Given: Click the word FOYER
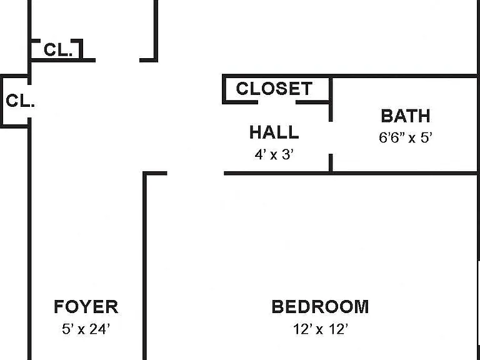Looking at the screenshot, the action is click(86, 307).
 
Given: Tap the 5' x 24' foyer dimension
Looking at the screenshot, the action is click(86, 329).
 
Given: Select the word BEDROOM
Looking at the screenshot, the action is click(320, 307).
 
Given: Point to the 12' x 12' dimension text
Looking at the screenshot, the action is click(321, 329).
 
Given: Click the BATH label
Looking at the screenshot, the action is click(406, 116).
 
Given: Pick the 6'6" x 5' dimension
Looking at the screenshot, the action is click(406, 137).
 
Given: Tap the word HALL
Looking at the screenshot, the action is click(274, 132).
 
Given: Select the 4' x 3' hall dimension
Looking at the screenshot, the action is click(274, 154).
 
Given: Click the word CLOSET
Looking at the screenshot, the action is click(274, 89).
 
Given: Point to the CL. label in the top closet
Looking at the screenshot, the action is click(59, 49).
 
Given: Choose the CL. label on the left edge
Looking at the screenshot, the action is click(20, 101).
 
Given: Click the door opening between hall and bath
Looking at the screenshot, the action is click(331, 137).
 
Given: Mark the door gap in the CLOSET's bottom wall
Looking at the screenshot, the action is click(277, 102).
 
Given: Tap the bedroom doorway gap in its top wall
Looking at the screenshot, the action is click(196, 173).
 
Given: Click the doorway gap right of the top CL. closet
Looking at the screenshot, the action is click(117, 60).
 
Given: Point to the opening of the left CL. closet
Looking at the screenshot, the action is click(29, 101).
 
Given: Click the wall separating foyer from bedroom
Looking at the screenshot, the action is click(145, 266).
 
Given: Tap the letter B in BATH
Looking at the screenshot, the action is click(386, 116).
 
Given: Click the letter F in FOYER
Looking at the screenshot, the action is click(59, 307).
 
